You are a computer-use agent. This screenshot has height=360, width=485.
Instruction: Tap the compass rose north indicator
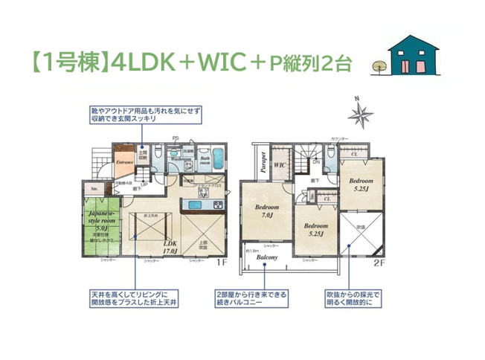tap(362, 114)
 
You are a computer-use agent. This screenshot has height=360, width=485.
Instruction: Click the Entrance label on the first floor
tap(124, 160)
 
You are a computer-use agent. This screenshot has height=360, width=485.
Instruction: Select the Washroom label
tap(182, 159)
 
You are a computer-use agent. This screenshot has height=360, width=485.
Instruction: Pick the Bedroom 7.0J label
tap(266, 211)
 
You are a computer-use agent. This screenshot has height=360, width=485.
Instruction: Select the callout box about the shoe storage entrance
tap(142, 114)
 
